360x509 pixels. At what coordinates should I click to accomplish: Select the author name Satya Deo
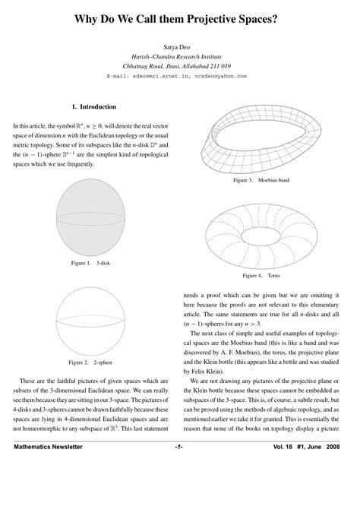179,47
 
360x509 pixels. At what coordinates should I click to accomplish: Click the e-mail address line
179,76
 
